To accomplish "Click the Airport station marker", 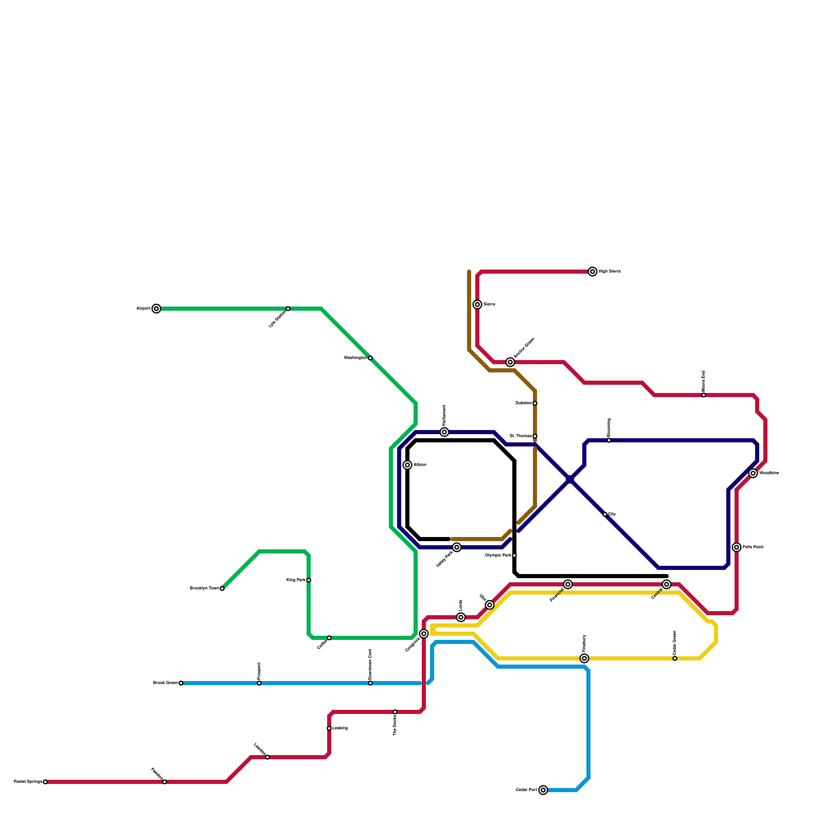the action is [156, 309].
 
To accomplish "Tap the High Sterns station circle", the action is [593, 272].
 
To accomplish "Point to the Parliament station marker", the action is [444, 432].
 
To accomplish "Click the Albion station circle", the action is [407, 465].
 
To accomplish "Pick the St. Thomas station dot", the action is [535, 436].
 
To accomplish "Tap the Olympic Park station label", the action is [498, 556].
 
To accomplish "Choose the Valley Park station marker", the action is [457, 547].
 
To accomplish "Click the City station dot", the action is [605, 514].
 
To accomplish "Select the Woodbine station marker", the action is [753, 473].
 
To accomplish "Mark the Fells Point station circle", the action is [737, 547].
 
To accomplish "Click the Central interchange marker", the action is [667, 584].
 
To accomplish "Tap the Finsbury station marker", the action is [584, 658].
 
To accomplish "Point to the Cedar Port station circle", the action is [543, 790].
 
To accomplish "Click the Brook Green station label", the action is [165, 683].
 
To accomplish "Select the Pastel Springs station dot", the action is [45, 782].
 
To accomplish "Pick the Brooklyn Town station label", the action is [204, 588].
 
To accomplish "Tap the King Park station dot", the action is [309, 580].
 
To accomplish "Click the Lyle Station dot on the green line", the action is [288, 309].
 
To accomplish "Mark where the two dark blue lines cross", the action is [570, 479].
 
